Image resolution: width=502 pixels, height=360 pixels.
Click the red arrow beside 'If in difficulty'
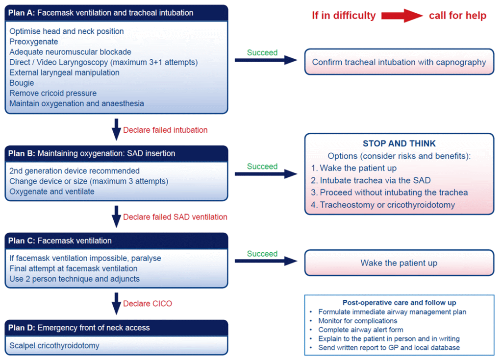pyautogui.click(x=402, y=16)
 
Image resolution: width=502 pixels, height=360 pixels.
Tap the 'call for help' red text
pyautogui.click(x=457, y=16)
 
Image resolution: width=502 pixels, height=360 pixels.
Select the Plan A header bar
pyautogui.click(x=117, y=13)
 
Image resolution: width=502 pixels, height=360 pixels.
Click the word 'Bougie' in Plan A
pyautogui.click(x=22, y=83)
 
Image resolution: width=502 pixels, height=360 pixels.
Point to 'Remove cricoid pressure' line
pyautogui.click(x=53, y=93)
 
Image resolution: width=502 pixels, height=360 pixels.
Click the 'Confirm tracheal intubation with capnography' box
pyautogui.click(x=399, y=62)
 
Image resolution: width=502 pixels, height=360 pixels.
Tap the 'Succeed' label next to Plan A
pyautogui.click(x=262, y=52)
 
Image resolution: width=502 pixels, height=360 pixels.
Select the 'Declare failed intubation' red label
pyautogui.click(x=165, y=130)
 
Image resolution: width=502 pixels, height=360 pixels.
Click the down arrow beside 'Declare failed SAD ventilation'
pyautogui.click(x=116, y=216)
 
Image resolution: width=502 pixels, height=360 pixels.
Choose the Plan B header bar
pyautogui.click(x=117, y=153)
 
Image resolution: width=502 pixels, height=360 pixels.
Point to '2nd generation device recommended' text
pyautogui.click(x=75, y=171)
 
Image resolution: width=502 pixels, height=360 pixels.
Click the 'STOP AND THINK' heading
pyautogui.click(x=399, y=144)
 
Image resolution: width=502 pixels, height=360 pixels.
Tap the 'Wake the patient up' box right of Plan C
pyautogui.click(x=399, y=263)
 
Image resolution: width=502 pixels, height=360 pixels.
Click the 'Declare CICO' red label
pyautogui.click(x=148, y=304)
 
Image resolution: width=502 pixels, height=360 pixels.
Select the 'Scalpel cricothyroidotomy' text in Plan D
pyautogui.click(x=54, y=346)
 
